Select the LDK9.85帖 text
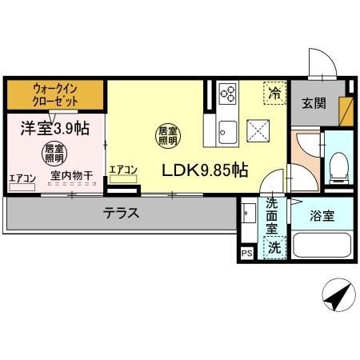click(x=206, y=170)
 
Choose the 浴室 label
click(x=324, y=215)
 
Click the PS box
click(x=246, y=254)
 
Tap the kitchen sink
click(x=226, y=130)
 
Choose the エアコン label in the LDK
click(x=123, y=170)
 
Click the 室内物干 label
click(x=73, y=177)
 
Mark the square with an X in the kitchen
click(x=258, y=129)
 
